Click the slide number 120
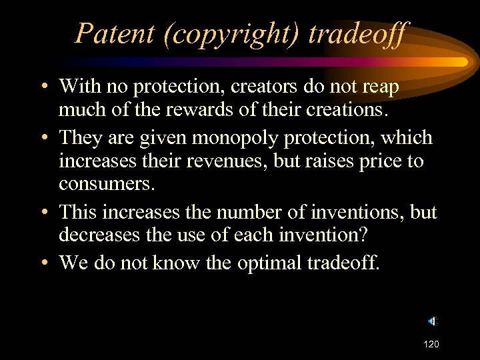click(431, 345)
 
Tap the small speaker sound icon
click(432, 321)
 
